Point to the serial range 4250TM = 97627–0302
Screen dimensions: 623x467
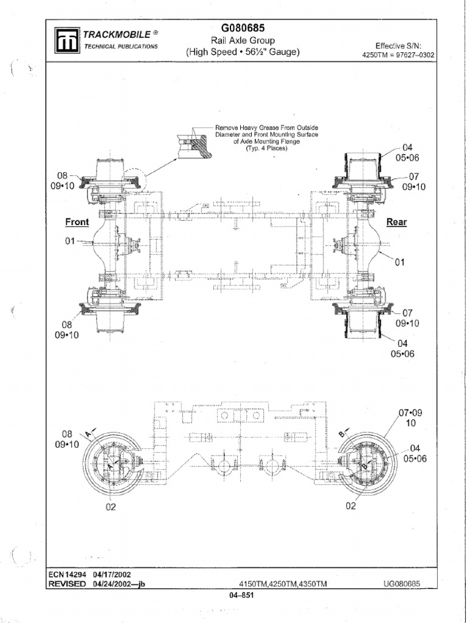click(398, 55)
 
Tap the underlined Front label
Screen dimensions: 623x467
click(77, 222)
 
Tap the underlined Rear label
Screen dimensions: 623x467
click(396, 222)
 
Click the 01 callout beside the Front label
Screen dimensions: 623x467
click(71, 242)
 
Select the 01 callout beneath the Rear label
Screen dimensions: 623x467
click(400, 262)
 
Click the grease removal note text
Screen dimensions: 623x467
click(267, 138)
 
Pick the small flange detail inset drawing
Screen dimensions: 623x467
click(193, 144)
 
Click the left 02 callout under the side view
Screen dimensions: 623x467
click(111, 508)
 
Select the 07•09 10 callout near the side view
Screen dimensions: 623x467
click(410, 417)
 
